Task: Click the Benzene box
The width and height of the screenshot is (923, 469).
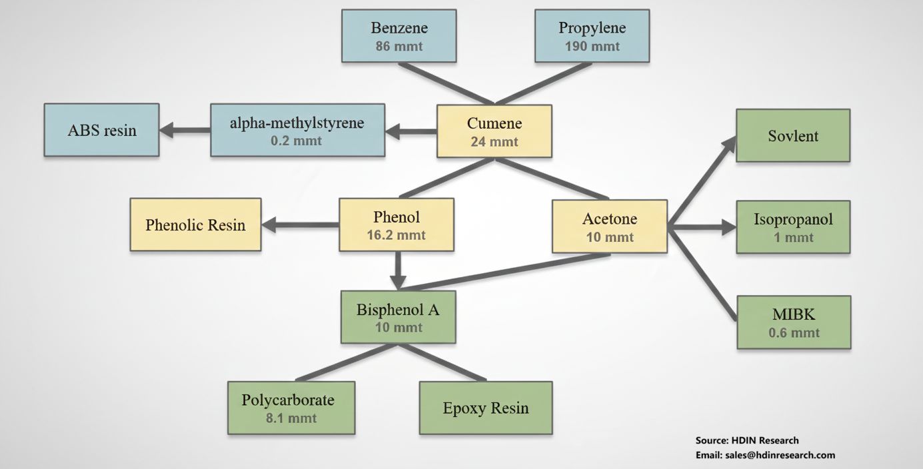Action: [x=399, y=36]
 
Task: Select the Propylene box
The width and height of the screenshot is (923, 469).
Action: [x=592, y=36]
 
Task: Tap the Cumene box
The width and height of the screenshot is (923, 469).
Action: [x=494, y=131]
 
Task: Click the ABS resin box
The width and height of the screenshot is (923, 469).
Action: [x=101, y=129]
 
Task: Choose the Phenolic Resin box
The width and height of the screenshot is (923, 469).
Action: [x=195, y=225]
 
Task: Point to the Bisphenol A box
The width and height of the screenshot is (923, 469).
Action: [x=398, y=316]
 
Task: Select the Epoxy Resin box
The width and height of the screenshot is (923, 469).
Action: [x=486, y=408]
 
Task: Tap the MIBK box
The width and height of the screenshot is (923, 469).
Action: [x=794, y=322]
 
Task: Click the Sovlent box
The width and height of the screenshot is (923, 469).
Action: [x=793, y=135]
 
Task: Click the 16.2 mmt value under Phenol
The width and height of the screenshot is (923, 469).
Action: [x=396, y=235]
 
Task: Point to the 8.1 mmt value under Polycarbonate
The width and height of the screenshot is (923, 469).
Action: [x=291, y=418]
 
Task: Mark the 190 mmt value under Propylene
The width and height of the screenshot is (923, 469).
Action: [x=592, y=47]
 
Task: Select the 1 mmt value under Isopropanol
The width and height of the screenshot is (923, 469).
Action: [x=793, y=237]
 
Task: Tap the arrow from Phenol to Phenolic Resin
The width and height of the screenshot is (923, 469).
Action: [x=301, y=225]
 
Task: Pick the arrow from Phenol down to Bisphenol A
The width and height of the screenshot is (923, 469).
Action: [x=397, y=270]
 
